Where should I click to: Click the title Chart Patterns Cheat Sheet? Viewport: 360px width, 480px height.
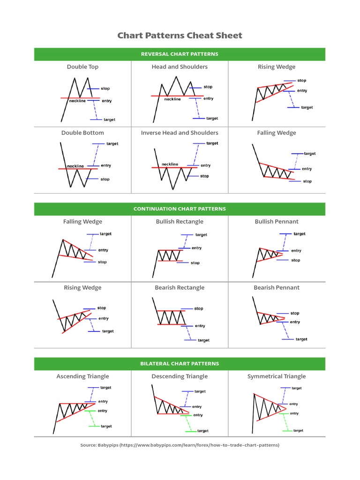click(180, 36)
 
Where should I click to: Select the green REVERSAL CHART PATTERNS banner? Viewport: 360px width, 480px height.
click(180, 54)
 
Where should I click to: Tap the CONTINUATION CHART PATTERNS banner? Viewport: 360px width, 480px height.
click(180, 209)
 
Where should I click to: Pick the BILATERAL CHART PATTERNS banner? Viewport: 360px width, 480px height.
click(180, 363)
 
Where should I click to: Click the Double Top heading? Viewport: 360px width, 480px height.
click(82, 67)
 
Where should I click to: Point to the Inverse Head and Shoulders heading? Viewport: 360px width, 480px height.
click(180, 133)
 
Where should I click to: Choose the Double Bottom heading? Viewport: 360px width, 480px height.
click(82, 133)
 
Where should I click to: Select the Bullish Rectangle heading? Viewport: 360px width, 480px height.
click(180, 221)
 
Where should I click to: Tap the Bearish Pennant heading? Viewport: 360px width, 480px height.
click(277, 287)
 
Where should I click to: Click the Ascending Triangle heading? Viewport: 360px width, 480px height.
click(82, 376)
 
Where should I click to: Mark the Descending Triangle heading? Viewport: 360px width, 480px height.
click(180, 376)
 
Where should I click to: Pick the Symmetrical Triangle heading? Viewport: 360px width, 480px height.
click(277, 376)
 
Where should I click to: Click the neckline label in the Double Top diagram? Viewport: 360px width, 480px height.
click(77, 101)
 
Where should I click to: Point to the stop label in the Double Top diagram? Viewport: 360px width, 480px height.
click(105, 88)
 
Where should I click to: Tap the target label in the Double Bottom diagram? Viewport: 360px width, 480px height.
click(112, 144)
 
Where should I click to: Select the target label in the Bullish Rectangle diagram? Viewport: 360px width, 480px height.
click(201, 235)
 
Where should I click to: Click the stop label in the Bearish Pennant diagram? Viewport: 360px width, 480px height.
click(295, 313)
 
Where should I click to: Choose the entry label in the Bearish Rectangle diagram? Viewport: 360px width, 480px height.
click(200, 326)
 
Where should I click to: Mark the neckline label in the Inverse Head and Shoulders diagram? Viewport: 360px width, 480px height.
click(170, 164)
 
